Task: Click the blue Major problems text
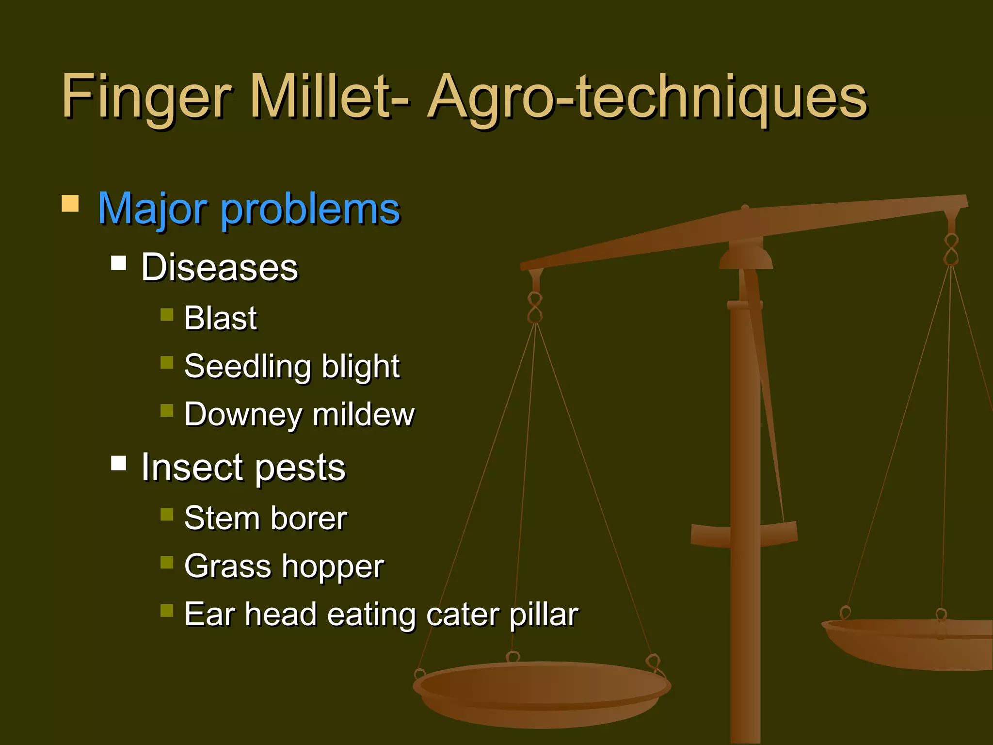(x=249, y=210)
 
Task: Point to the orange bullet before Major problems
(x=70, y=204)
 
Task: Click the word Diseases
(x=219, y=268)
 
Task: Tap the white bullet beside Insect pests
(x=118, y=463)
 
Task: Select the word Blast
(x=220, y=319)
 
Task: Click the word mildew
(x=364, y=415)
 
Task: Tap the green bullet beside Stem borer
(x=167, y=514)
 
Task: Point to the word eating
(x=371, y=615)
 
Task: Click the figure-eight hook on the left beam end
(x=535, y=308)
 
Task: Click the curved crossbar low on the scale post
(x=744, y=534)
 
